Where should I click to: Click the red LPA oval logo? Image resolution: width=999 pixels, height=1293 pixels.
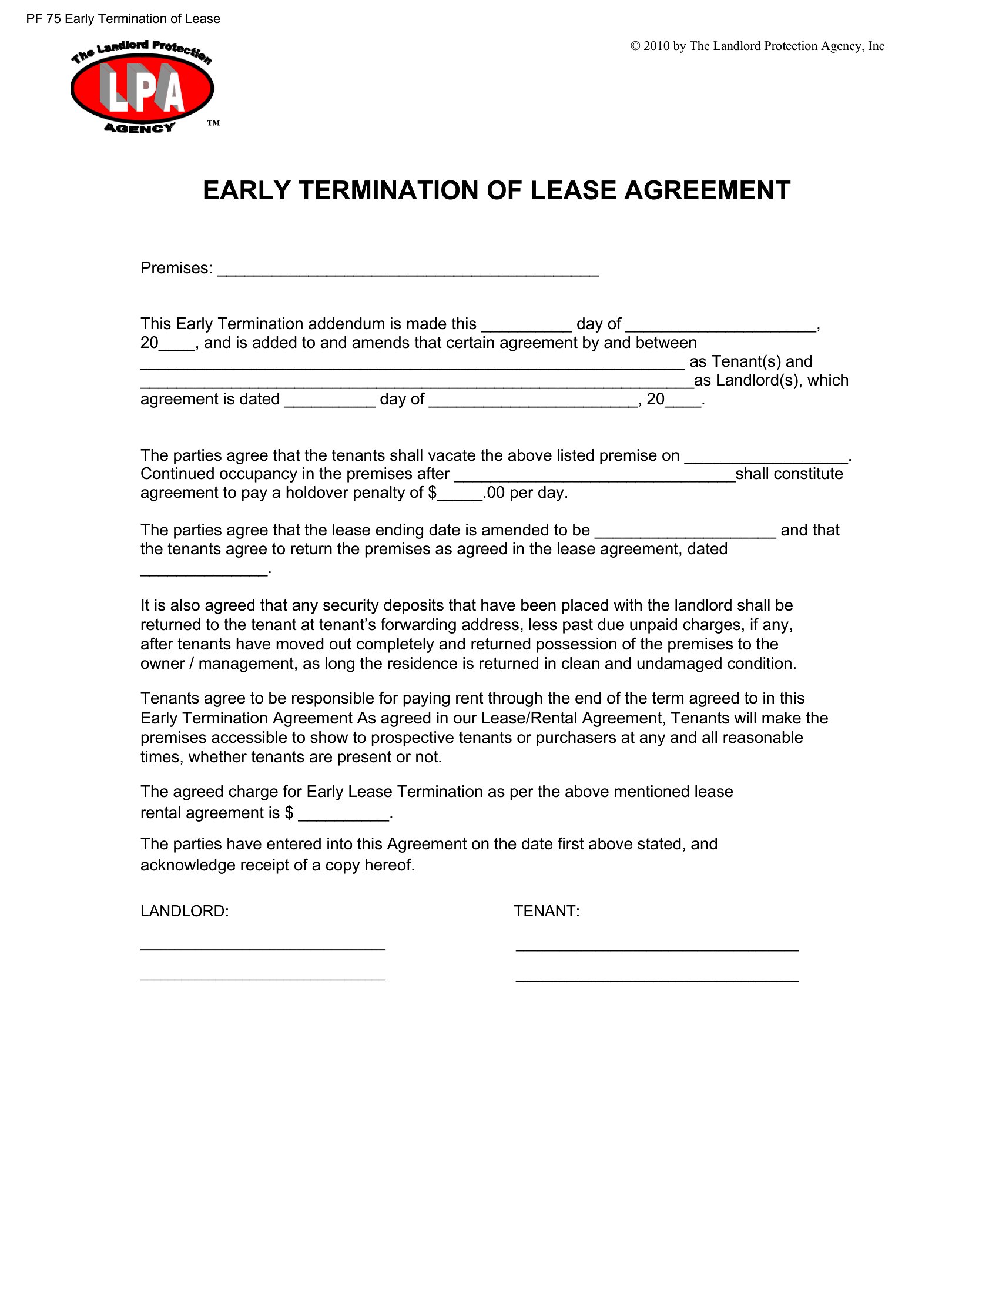click(142, 89)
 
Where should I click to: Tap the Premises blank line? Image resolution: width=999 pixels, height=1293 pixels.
click(408, 272)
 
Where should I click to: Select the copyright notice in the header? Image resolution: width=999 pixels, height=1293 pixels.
click(757, 46)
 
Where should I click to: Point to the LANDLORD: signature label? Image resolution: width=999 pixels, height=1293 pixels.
click(184, 911)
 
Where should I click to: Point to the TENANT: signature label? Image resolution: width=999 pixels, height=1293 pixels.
click(547, 911)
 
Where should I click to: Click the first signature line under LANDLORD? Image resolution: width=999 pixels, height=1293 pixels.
click(263, 949)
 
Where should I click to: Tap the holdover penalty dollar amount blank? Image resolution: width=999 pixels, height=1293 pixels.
click(460, 497)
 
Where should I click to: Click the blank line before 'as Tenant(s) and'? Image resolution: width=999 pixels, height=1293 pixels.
click(413, 366)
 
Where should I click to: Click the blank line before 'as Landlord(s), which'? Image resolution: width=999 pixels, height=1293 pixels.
click(417, 384)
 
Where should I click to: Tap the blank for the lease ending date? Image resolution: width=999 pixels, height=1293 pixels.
click(685, 534)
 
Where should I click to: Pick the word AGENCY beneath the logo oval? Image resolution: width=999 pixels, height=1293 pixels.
click(140, 128)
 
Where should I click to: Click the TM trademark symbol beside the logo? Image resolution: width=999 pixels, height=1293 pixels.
click(213, 123)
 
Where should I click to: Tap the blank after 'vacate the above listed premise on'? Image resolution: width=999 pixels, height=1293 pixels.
click(766, 460)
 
